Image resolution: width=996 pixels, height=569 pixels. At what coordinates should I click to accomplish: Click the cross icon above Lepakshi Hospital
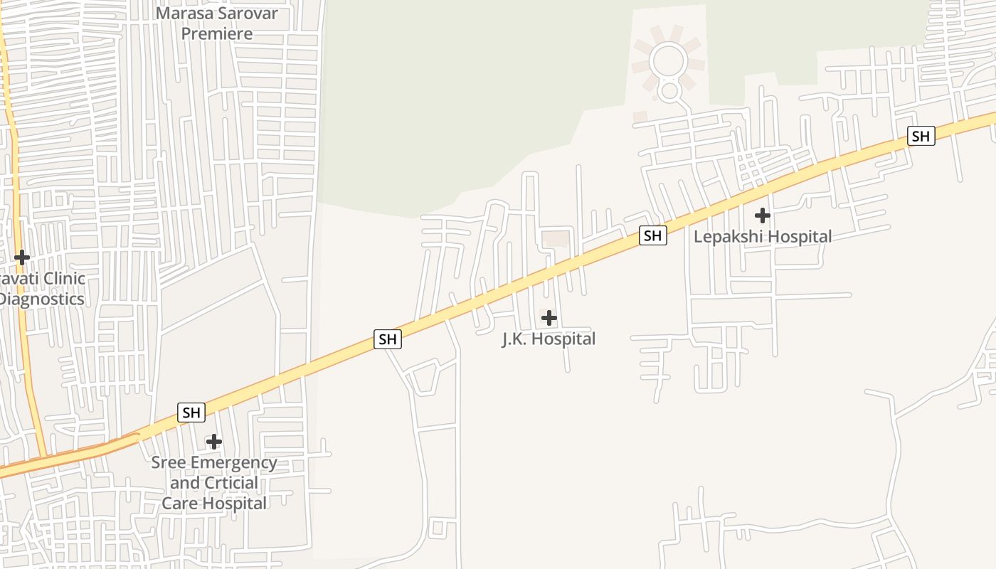click(762, 215)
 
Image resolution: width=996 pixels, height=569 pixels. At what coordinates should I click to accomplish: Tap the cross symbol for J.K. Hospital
click(549, 318)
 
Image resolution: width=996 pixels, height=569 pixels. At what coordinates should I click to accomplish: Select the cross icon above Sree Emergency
click(213, 442)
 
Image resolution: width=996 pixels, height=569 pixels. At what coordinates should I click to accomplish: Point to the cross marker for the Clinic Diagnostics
click(22, 257)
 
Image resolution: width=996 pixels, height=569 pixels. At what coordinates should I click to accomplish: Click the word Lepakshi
click(727, 237)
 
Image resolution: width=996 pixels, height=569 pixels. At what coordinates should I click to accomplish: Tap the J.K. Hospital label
click(549, 339)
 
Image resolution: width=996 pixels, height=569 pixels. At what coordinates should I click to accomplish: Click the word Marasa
click(187, 14)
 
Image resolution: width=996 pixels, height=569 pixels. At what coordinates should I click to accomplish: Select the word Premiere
click(217, 33)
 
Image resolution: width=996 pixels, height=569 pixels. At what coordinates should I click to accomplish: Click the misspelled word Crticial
click(231, 483)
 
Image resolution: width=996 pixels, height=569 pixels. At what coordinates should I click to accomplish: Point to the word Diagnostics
click(41, 299)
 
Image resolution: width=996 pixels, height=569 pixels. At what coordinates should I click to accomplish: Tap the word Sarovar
click(249, 14)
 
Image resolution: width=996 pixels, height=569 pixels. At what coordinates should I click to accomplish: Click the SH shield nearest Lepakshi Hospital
click(652, 235)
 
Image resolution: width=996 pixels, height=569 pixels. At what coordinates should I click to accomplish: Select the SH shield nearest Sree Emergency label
click(191, 413)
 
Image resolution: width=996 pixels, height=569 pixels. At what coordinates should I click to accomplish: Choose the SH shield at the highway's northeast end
click(921, 136)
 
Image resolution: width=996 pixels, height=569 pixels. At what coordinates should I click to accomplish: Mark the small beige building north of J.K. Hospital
click(556, 239)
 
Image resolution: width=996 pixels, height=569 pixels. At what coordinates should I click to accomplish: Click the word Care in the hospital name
click(179, 504)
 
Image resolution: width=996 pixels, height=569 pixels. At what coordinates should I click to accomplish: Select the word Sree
click(169, 463)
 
